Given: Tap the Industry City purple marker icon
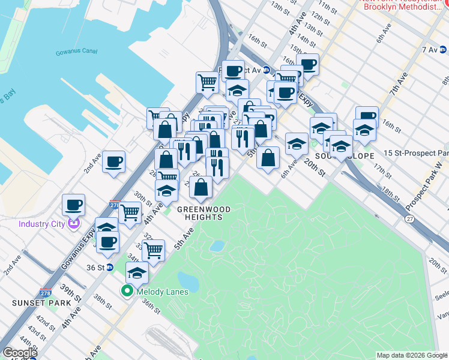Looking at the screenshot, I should point(74,224).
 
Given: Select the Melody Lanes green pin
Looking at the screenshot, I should point(127,292).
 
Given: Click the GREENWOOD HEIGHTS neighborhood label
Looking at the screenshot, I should point(204,213).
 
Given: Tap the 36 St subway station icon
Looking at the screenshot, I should point(110,268).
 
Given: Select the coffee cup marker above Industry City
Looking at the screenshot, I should point(73,205).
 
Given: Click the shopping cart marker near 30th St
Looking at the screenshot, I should point(130,212).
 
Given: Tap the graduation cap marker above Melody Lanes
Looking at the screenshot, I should point(137,272).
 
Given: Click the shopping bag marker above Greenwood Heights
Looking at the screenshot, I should point(200,187).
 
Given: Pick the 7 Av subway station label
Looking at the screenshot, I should point(429,49).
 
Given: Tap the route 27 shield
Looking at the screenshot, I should point(409,220).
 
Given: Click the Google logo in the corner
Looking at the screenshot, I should point(20,353).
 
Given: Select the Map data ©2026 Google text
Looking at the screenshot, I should point(412,355).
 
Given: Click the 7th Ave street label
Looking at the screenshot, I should point(398,84).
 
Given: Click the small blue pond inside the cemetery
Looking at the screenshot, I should point(217,246).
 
